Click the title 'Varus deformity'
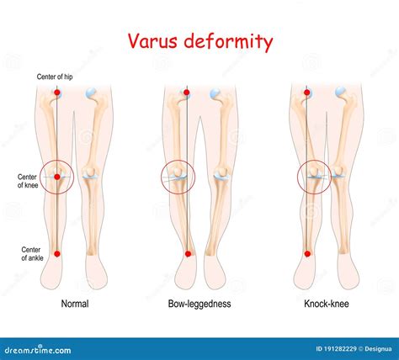tap(199, 41)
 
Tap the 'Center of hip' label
tap(56, 77)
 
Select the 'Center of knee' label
tap(29, 181)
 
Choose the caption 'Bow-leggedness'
tap(199, 304)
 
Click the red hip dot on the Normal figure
tap(57, 92)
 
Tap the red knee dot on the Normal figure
tap(57, 177)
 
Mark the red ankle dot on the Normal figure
tap(57, 253)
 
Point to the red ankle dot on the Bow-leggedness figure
tap(187, 252)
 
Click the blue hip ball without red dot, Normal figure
tap(92, 93)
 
